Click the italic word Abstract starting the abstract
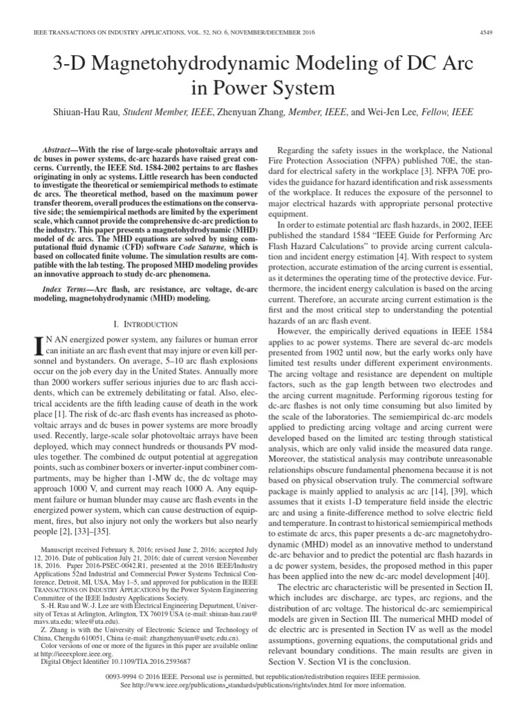point(59,150)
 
